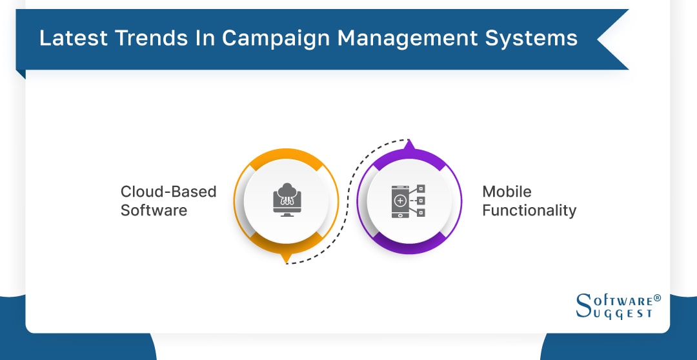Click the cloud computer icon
(285, 200)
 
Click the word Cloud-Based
(168, 192)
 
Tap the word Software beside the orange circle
(154, 210)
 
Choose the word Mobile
(507, 192)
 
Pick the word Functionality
(529, 210)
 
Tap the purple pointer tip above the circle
(408, 145)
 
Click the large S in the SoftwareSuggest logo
(583, 306)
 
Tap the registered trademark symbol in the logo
(657, 298)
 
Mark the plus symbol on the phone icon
(400, 201)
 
